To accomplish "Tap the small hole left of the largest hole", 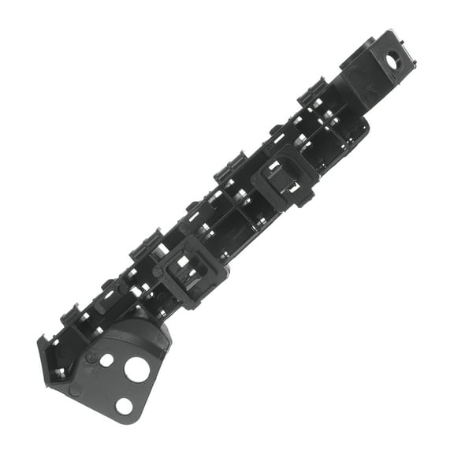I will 106,361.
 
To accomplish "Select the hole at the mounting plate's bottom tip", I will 124,406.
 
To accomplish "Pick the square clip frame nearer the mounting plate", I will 189,265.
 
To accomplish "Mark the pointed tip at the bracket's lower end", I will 40,340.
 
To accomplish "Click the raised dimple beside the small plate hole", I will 92,356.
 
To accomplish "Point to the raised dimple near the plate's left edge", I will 75,389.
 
